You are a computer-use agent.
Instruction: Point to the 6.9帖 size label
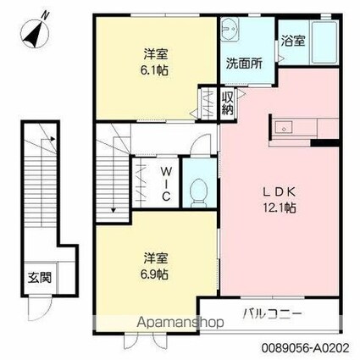point(153,276)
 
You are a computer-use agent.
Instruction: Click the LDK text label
point(279,190)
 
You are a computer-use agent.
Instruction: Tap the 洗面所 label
point(242,62)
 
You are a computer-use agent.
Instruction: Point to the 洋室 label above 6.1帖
point(153,54)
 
